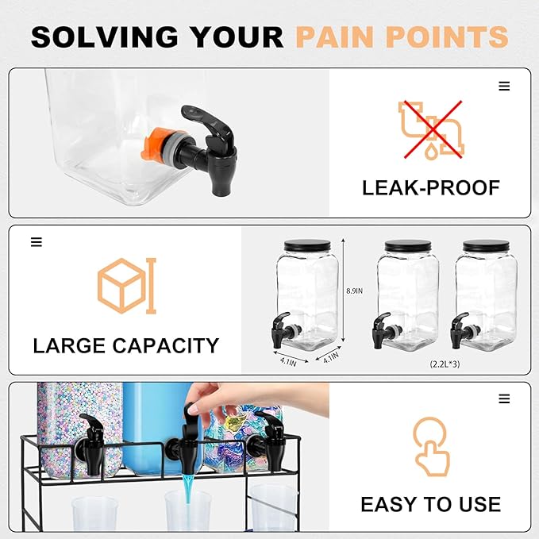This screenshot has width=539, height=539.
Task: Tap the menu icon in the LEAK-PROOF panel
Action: point(504,87)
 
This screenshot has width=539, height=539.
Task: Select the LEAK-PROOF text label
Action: point(430,188)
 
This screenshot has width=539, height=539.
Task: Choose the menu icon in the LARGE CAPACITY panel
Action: point(37,242)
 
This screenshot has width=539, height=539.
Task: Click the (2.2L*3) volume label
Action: point(444,364)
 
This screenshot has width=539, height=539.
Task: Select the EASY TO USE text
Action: point(430,504)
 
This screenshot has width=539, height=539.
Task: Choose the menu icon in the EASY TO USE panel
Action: point(504,398)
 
